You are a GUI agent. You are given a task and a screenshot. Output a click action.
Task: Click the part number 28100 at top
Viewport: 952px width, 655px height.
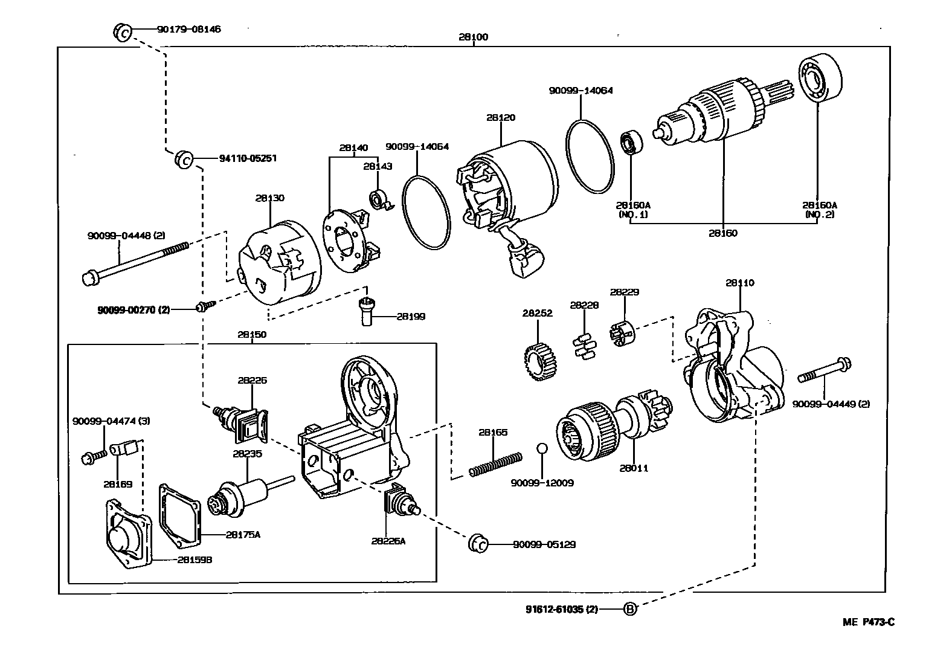click(x=473, y=37)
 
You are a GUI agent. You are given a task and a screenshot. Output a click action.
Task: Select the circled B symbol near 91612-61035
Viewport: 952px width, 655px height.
click(x=630, y=609)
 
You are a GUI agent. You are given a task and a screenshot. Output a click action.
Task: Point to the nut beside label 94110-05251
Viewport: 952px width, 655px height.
click(x=184, y=160)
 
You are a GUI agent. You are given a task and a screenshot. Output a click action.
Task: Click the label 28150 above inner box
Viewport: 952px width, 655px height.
click(x=252, y=334)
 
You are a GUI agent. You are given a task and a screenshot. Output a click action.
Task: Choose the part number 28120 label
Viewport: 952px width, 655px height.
click(x=501, y=118)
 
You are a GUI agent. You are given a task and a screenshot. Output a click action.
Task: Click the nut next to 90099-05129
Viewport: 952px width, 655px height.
click(x=477, y=543)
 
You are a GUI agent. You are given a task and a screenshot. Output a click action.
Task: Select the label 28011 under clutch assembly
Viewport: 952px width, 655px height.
click(x=634, y=468)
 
